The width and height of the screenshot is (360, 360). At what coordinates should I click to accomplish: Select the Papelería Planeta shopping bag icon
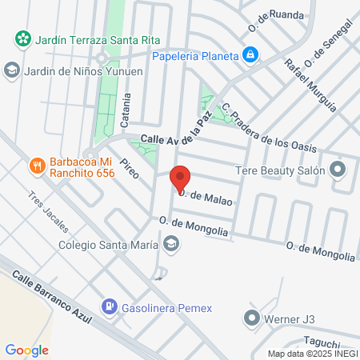251,55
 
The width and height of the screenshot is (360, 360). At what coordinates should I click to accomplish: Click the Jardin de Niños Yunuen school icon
11,70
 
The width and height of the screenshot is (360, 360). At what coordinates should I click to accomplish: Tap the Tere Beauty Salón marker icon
338,170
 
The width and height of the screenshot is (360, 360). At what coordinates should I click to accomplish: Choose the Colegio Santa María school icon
170,244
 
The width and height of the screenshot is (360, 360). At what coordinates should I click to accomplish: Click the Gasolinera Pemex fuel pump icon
108,306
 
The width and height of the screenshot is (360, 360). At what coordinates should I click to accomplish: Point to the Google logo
26,350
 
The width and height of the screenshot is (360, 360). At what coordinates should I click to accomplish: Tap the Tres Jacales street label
46,210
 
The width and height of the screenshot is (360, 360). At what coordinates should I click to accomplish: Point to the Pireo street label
128,168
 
